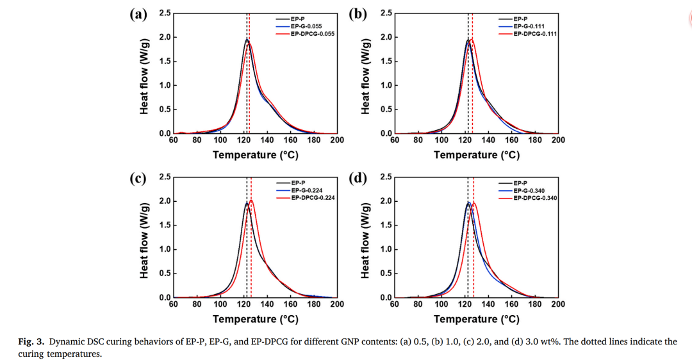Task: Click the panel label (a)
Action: point(138,14)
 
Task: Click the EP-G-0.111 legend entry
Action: point(532,26)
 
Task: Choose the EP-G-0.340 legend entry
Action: point(532,191)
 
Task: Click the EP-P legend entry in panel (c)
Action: point(297,183)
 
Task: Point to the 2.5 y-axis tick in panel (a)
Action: point(165,13)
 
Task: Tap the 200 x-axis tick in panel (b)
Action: point(558,140)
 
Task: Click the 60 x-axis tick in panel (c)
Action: point(174,305)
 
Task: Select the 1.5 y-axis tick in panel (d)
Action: point(386,225)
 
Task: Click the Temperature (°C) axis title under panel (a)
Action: point(256,155)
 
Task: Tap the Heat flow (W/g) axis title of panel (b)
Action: point(366,74)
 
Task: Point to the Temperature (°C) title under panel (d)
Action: point(477,320)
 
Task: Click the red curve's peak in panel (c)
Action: point(251,200)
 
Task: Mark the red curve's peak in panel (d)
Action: point(474,203)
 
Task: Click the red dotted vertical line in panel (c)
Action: point(251,256)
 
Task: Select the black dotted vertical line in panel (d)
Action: point(468,256)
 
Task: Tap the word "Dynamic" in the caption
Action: point(66,342)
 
